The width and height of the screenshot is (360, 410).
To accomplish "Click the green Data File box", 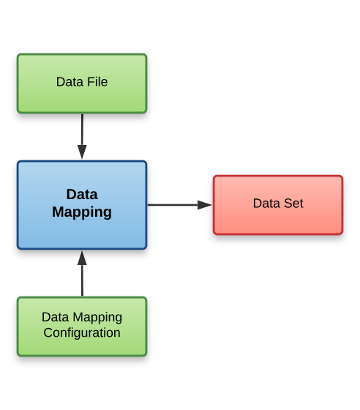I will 82,83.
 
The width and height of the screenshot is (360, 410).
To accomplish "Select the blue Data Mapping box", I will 82,205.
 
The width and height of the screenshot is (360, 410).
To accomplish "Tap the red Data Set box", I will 278,205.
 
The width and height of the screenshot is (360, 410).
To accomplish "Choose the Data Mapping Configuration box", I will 82,327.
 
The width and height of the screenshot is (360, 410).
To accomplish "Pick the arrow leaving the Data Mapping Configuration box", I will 82,275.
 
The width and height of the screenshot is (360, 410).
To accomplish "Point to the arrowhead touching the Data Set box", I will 205,205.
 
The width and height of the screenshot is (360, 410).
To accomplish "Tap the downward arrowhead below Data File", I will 82,152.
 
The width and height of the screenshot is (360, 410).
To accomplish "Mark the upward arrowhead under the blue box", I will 82,258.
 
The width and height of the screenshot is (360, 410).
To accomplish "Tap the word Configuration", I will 82,333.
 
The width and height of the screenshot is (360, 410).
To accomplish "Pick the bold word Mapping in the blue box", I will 82,213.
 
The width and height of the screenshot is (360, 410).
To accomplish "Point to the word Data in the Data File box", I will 69,82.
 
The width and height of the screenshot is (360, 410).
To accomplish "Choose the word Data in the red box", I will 266,204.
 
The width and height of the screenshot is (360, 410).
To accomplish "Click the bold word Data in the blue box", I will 82,195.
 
